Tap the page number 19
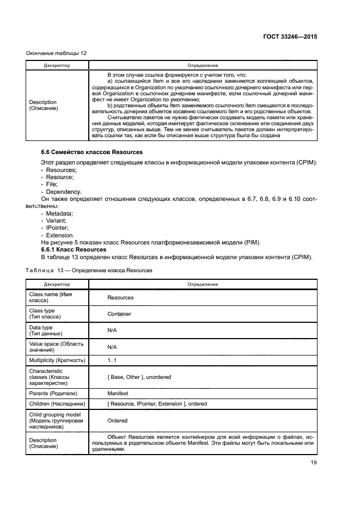pos(313,463)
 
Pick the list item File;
pos(51,185)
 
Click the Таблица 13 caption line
pos(89,270)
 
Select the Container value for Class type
pos(119,314)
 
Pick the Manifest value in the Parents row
pos(118,393)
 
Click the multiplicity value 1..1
pos(113,360)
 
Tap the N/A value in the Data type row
pos(112,330)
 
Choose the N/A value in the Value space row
pos(112,347)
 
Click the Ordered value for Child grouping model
pos(117,420)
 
